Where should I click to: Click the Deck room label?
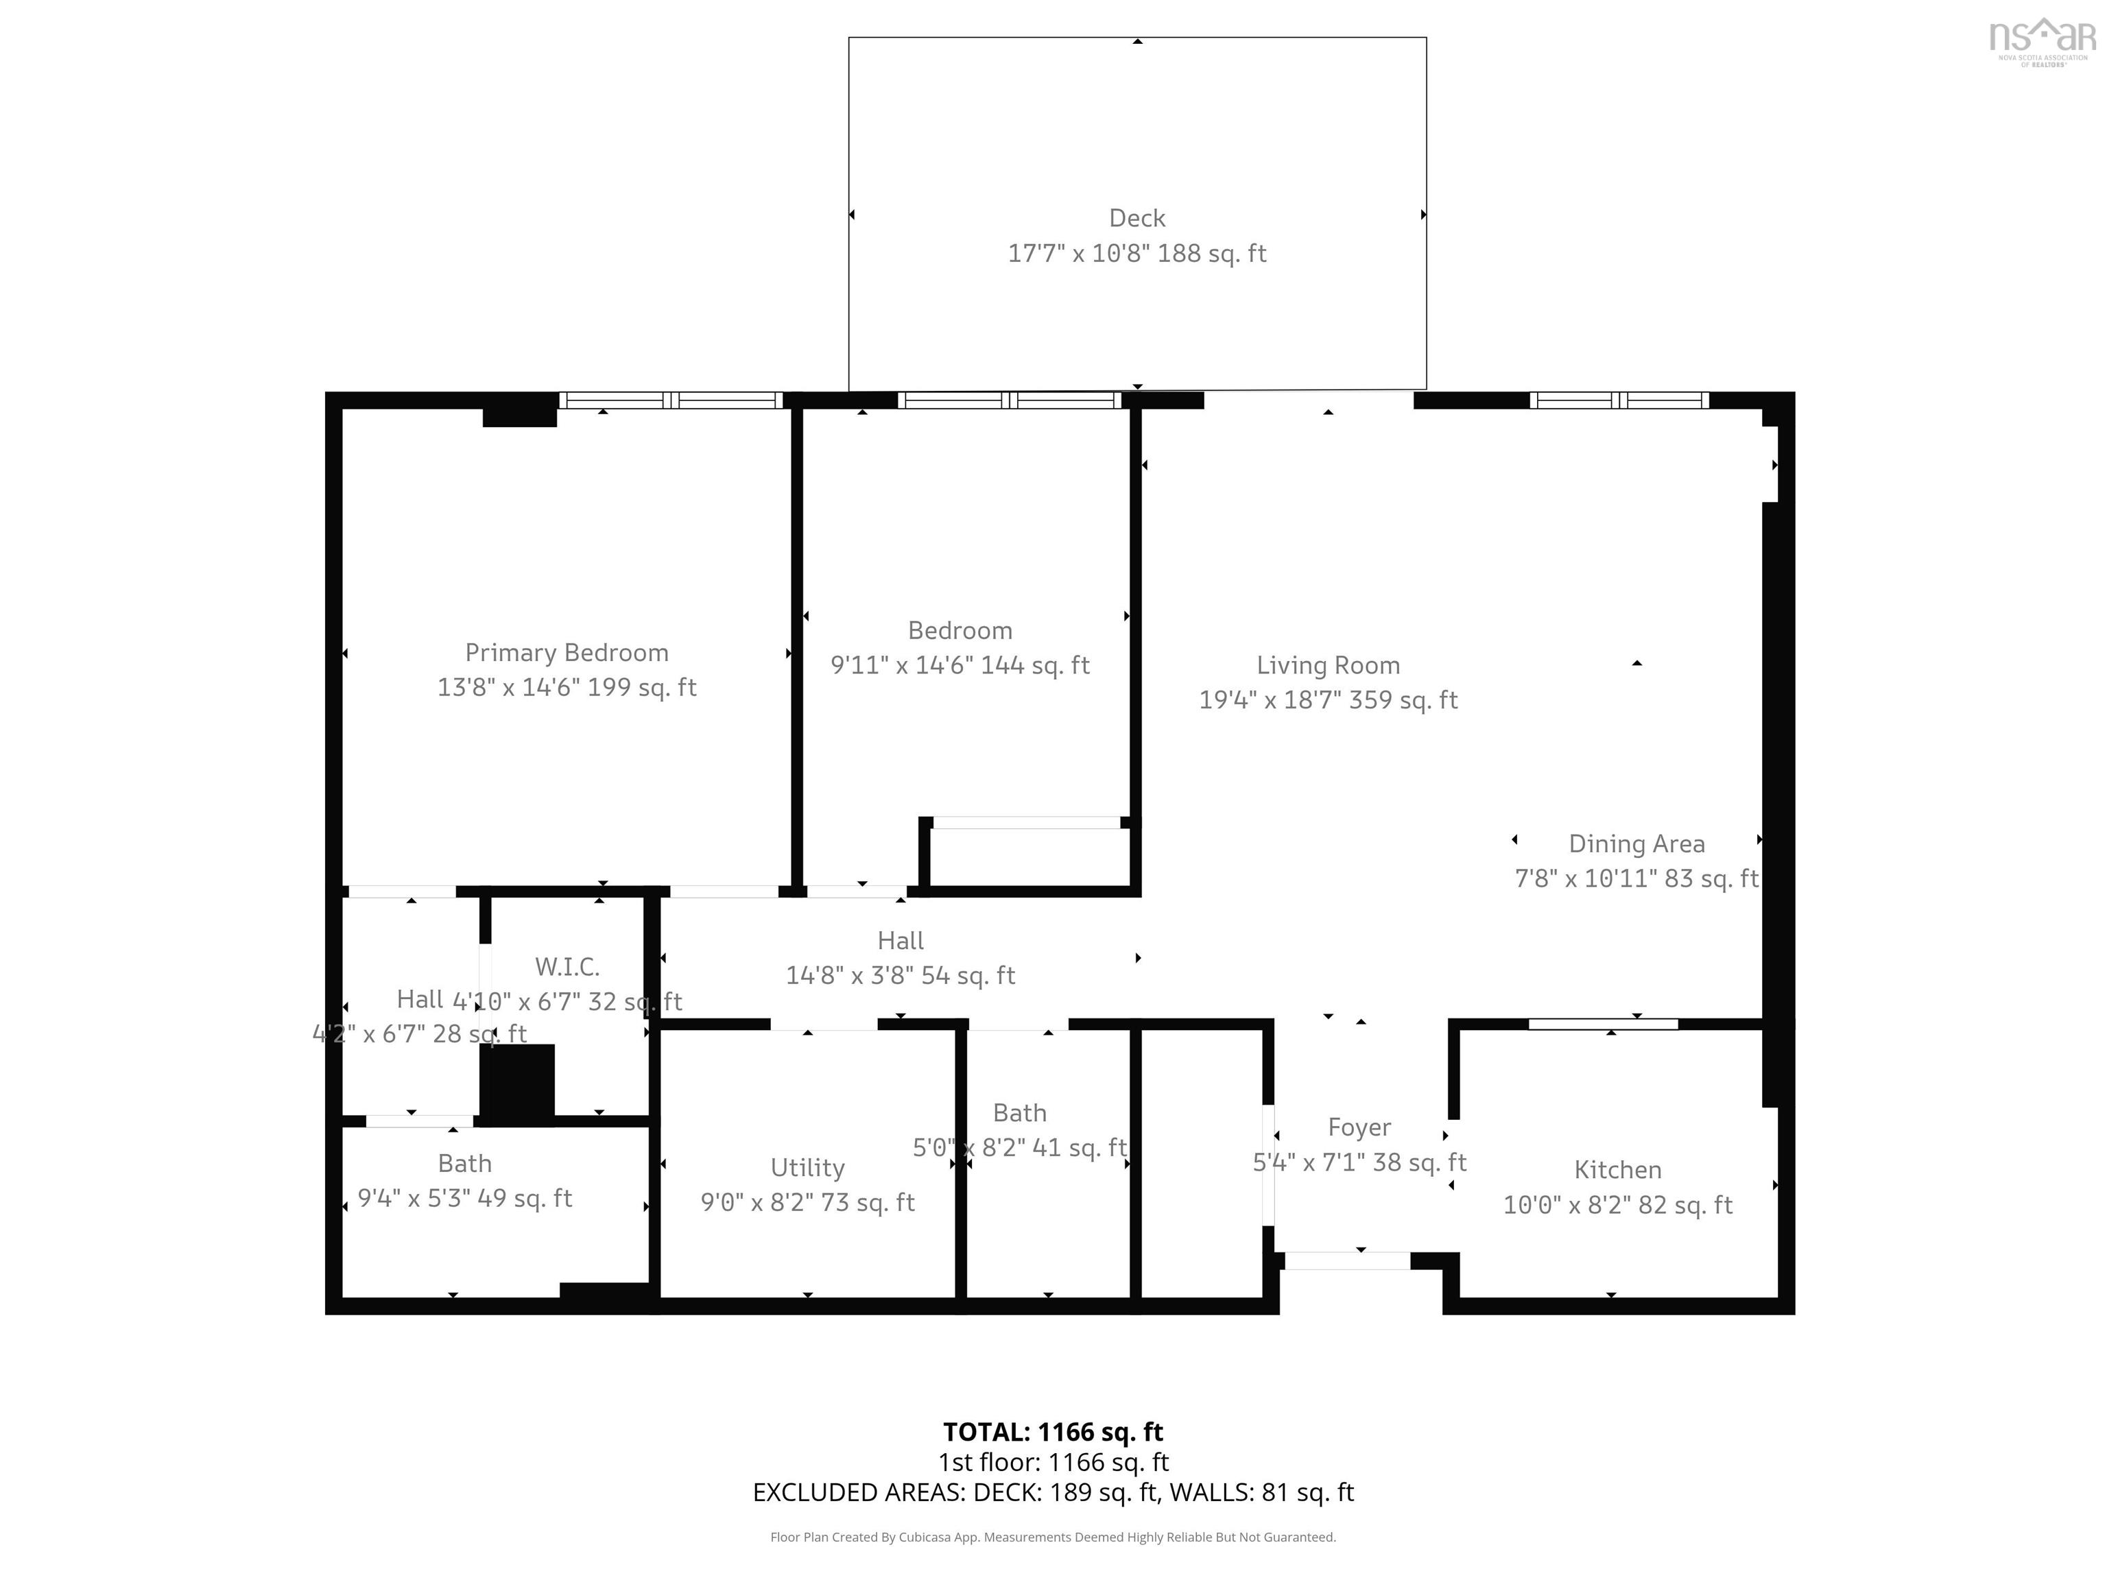pyautogui.click(x=1136, y=218)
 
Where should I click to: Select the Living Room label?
pyautogui.click(x=1327, y=666)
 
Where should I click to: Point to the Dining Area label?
pyautogui.click(x=1636, y=843)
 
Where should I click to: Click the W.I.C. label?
pyautogui.click(x=567, y=967)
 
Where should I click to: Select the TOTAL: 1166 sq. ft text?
pyautogui.click(x=1053, y=1431)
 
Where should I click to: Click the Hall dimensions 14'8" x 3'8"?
pyautogui.click(x=899, y=975)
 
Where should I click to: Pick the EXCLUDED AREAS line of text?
pyautogui.click(x=1053, y=1492)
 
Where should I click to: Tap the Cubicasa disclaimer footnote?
pyautogui.click(x=1053, y=1537)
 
